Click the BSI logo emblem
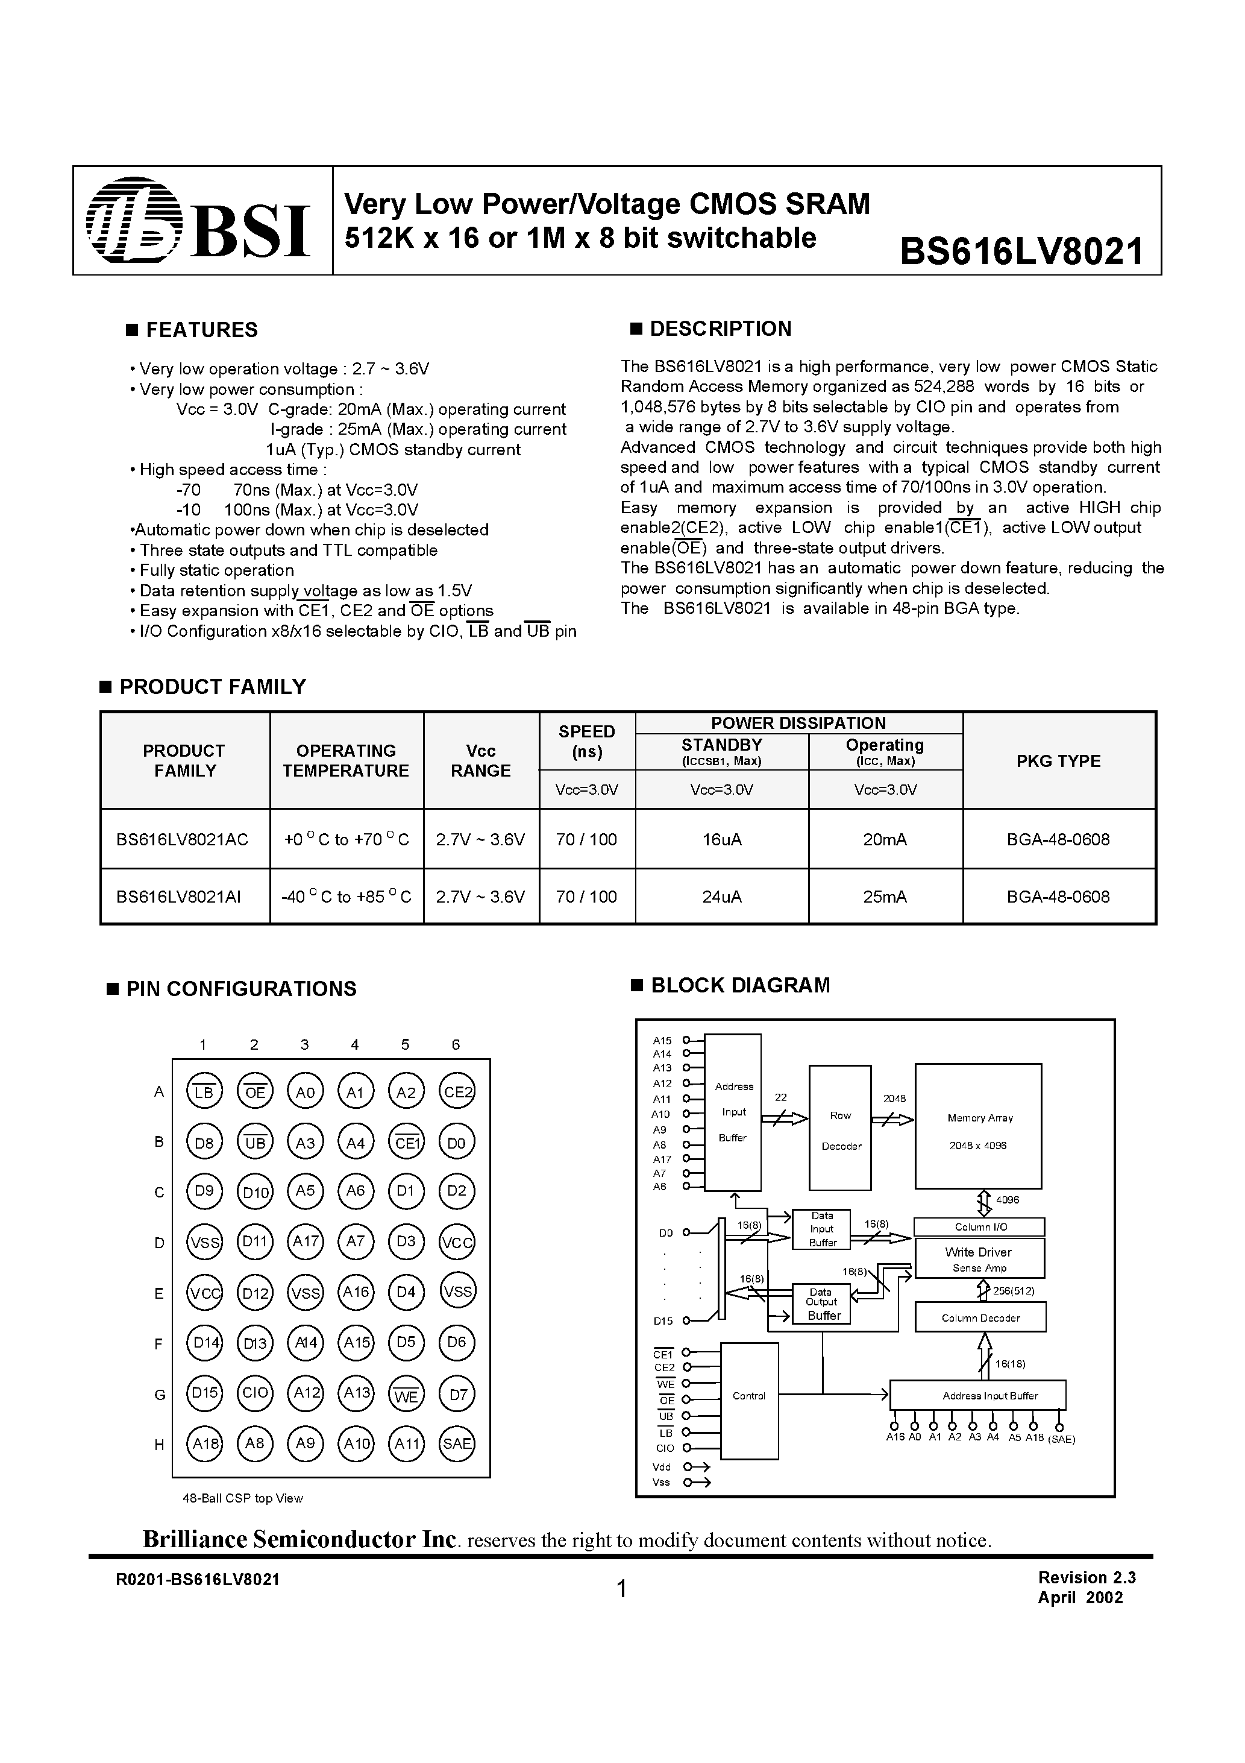click(135, 221)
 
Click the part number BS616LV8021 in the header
click(1021, 250)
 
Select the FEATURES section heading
click(201, 330)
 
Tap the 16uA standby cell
click(721, 840)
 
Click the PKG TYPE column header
click(1058, 761)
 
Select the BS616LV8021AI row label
click(179, 897)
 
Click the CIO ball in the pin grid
click(255, 1392)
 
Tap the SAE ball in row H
click(457, 1443)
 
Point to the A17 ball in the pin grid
click(306, 1241)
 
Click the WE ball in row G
click(406, 1393)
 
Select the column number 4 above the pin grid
click(354, 1044)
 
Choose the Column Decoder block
click(980, 1317)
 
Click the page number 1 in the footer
click(622, 1589)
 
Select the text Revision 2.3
click(1086, 1578)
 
